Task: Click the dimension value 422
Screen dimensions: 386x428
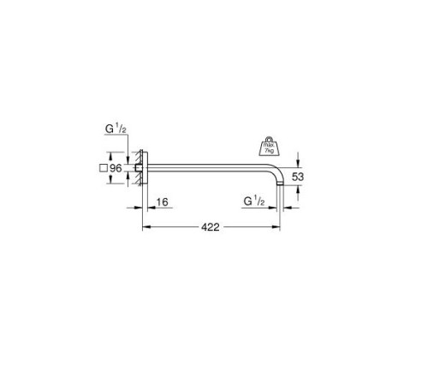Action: (211, 227)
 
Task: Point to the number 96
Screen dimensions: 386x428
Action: (116, 169)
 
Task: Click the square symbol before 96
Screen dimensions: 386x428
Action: (102, 169)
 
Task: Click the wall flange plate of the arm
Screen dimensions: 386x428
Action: (145, 167)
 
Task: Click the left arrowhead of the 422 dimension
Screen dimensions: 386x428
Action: (144, 227)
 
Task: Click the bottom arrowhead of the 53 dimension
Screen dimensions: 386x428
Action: (298, 191)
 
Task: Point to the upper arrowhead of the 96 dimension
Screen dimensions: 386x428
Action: (134, 152)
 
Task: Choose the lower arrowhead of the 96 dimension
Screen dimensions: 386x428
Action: (134, 183)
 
